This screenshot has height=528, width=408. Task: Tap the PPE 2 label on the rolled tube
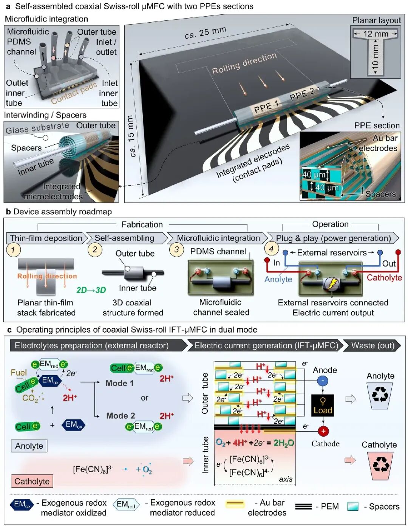pos(303,94)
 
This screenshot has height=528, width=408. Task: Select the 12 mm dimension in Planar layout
pos(376,34)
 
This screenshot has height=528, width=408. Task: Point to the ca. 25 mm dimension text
pos(205,33)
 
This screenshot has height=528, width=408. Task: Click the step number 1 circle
pos(14,249)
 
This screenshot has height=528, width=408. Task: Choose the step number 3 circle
pos(176,249)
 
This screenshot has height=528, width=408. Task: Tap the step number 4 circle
pos(271,249)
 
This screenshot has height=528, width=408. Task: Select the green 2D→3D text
pos(91,290)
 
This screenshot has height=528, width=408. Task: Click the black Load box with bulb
pos(323,405)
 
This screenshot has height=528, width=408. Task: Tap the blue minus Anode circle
pos(323,381)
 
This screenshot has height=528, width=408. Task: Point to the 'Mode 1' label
pos(120,383)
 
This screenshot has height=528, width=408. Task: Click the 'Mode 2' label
pos(121,416)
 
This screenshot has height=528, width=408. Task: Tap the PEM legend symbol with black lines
pos(303,506)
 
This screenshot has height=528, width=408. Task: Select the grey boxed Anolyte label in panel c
pos(29,446)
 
